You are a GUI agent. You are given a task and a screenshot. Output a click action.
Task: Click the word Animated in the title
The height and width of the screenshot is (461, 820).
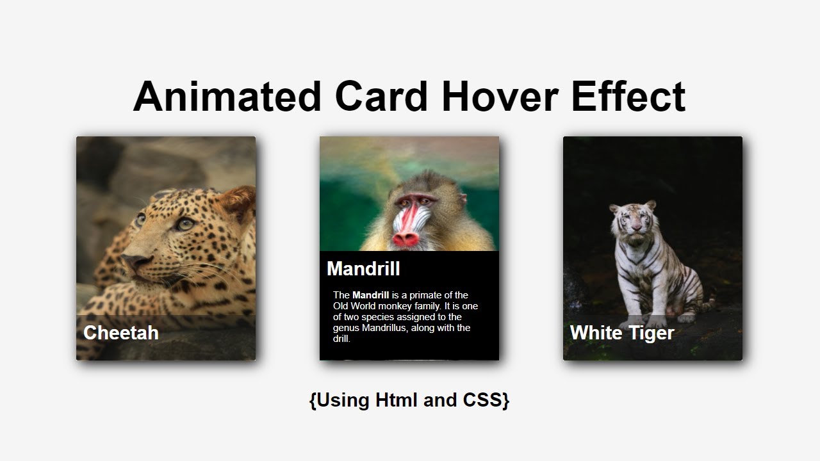pos(227,97)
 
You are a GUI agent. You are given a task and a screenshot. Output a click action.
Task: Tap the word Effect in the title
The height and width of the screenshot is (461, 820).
pos(628,97)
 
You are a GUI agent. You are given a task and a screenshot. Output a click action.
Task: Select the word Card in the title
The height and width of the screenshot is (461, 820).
pos(381,97)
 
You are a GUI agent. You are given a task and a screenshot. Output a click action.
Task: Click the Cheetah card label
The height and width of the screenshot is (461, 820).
pos(121,333)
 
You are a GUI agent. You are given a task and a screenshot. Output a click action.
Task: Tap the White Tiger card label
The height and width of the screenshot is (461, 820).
pos(621,333)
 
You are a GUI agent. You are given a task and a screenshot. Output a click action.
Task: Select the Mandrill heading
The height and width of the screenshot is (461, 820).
pos(363,269)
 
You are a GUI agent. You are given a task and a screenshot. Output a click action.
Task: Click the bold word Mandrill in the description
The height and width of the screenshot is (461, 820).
pos(370,295)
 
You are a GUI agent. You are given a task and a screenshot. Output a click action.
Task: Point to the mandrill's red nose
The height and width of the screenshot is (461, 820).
pos(406,238)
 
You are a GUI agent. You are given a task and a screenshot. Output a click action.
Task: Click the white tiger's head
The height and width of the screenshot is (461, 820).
pos(633,218)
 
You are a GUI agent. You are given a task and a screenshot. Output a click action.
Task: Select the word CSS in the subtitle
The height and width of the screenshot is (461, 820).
pos(486,400)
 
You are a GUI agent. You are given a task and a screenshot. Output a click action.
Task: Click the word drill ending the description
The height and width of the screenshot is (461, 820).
pos(341,339)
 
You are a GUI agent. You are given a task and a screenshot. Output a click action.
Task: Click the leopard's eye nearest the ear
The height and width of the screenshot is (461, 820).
pos(184,223)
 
